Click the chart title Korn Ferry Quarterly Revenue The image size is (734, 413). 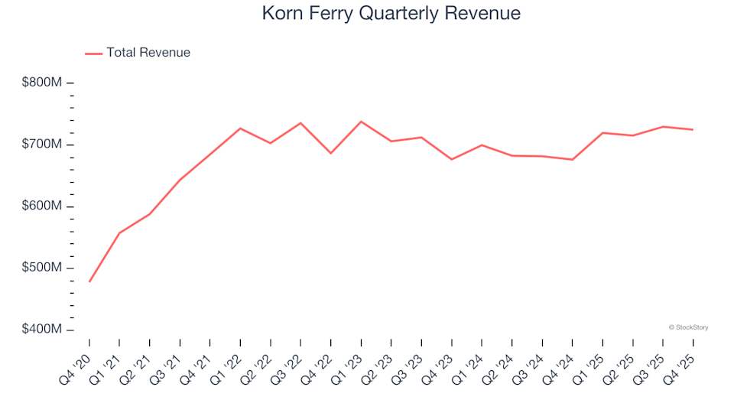[391, 13]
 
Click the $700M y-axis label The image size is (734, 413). [42, 145]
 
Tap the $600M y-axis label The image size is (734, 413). [42, 206]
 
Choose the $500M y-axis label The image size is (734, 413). [42, 268]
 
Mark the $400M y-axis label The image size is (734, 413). [42, 330]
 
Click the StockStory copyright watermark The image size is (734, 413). [688, 327]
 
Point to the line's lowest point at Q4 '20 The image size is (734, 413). [89, 281]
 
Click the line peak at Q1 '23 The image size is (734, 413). [361, 122]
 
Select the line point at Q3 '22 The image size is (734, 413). [300, 123]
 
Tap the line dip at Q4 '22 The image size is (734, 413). [330, 153]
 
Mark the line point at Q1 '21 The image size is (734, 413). [119, 233]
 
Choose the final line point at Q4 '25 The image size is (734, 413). [693, 129]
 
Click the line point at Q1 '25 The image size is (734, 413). [602, 133]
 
